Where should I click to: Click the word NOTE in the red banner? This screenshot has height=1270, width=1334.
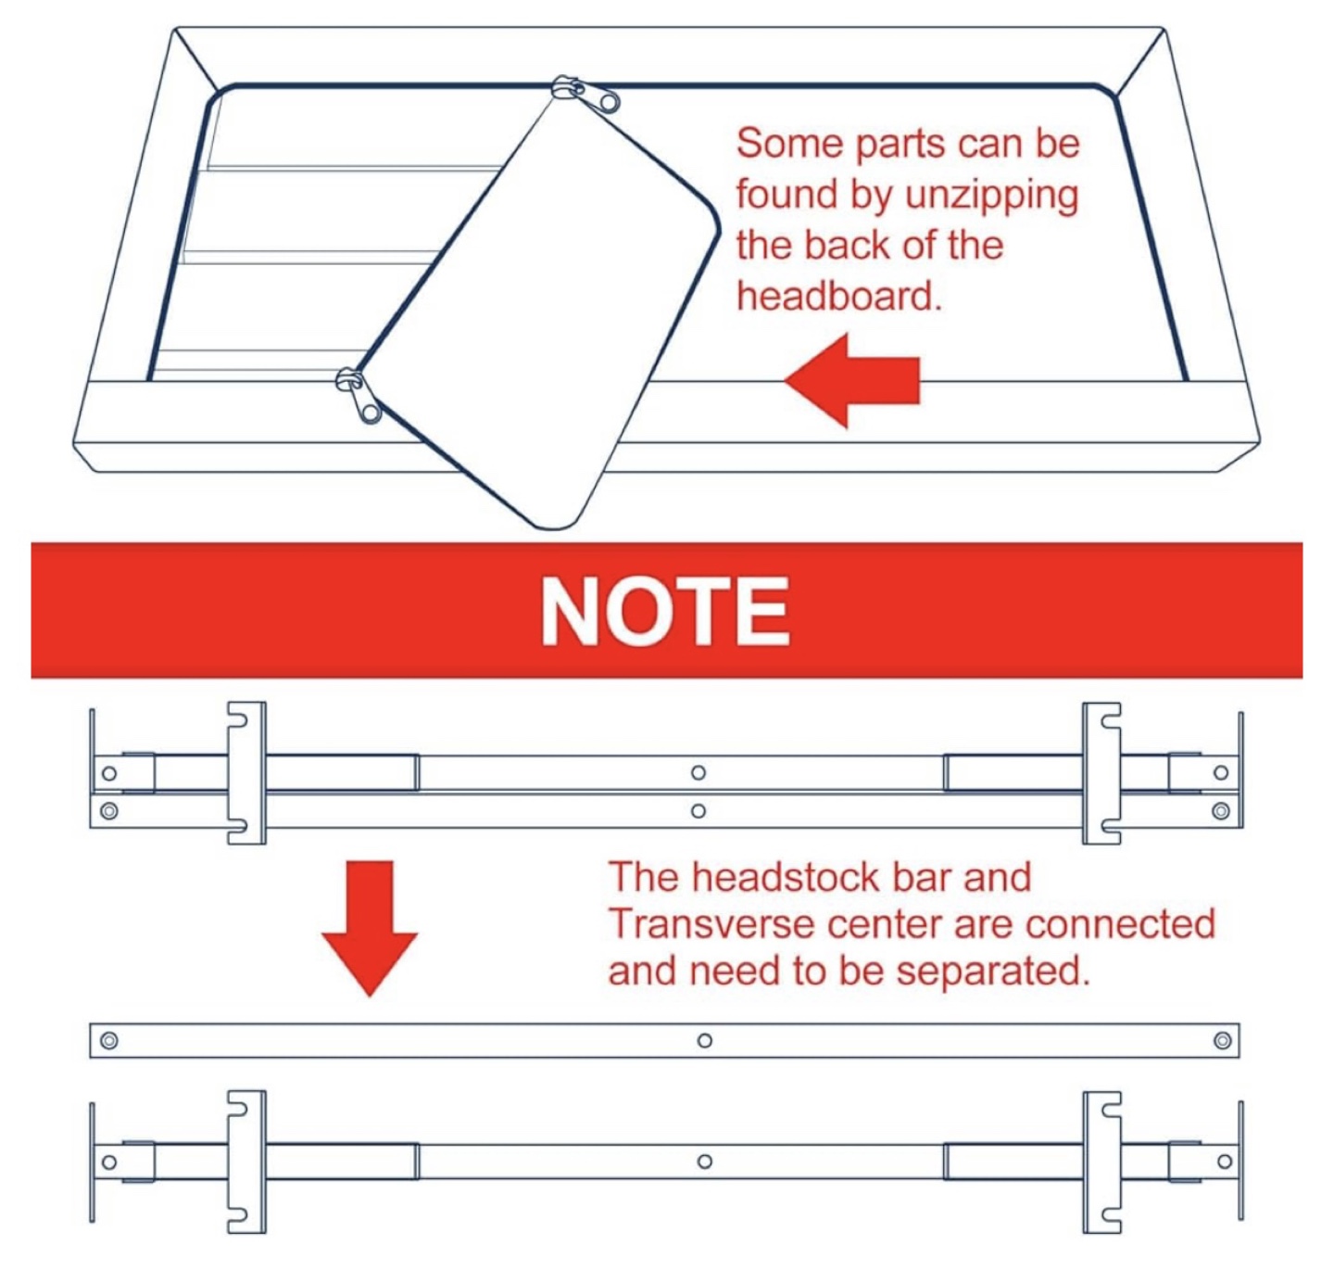tap(665, 611)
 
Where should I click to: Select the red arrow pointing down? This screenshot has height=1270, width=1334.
tap(370, 927)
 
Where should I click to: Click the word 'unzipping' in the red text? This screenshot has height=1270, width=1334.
tap(992, 196)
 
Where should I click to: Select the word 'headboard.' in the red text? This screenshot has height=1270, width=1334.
tap(838, 297)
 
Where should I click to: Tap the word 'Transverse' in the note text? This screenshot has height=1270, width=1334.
tap(709, 924)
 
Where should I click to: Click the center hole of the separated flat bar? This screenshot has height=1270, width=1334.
tap(705, 1041)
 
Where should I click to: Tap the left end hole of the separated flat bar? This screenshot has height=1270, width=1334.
tap(109, 1041)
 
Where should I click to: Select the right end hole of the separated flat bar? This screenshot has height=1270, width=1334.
tap(1222, 1041)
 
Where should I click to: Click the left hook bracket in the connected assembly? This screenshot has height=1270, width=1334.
tap(246, 773)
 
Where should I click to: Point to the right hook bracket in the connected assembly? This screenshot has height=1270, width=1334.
tap(1101, 773)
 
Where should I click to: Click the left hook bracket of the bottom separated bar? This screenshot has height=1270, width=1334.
tap(246, 1162)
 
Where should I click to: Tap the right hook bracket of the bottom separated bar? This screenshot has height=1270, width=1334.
tap(1101, 1162)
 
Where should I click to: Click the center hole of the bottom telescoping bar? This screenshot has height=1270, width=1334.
tap(705, 1162)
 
